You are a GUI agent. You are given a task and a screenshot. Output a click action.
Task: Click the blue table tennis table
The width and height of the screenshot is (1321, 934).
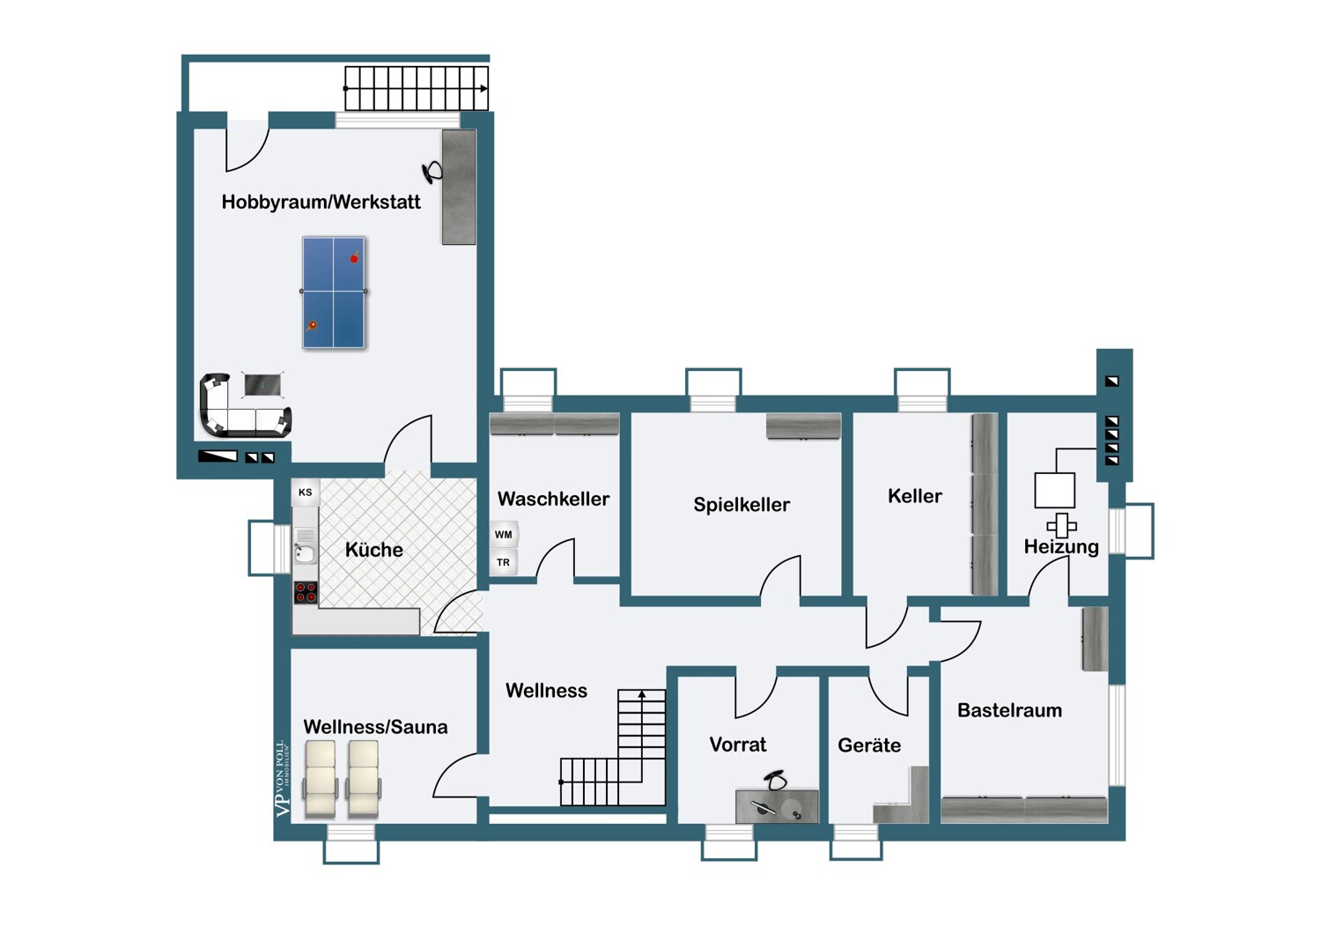pos(333,292)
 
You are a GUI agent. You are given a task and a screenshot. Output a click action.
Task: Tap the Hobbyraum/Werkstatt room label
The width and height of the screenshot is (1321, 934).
pos(321,202)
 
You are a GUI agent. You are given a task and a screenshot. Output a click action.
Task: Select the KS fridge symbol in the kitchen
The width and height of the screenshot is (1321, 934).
pos(305,493)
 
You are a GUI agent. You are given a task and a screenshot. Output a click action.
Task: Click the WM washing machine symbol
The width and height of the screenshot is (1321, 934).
pos(504,535)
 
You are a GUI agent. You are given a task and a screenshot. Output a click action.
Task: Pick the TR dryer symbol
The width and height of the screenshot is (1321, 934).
pos(504,562)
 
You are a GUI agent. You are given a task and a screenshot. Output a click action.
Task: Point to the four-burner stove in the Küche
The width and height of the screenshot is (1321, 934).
pos(306,592)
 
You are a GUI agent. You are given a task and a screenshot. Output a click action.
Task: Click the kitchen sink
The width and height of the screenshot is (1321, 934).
pos(305,552)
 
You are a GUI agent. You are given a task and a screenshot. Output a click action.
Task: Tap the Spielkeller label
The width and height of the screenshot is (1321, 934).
pos(741,505)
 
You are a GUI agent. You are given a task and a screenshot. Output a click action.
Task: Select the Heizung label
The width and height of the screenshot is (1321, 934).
pos(1061,547)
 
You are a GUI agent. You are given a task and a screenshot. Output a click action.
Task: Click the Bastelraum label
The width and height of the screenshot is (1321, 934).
pos(1009,710)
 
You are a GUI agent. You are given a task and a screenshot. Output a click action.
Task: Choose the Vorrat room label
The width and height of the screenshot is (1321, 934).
pos(738,745)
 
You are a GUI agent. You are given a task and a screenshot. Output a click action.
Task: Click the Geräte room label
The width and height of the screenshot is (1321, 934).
pos(869,745)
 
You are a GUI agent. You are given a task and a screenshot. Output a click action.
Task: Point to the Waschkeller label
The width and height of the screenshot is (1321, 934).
pos(553,499)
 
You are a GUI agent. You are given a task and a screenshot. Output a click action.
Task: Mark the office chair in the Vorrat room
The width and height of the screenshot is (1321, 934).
pos(774,781)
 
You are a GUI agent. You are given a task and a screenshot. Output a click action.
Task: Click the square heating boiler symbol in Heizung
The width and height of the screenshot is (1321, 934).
pos(1054,490)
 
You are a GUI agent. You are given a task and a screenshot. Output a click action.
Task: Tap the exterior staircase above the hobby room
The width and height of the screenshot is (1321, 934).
pos(416,88)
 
